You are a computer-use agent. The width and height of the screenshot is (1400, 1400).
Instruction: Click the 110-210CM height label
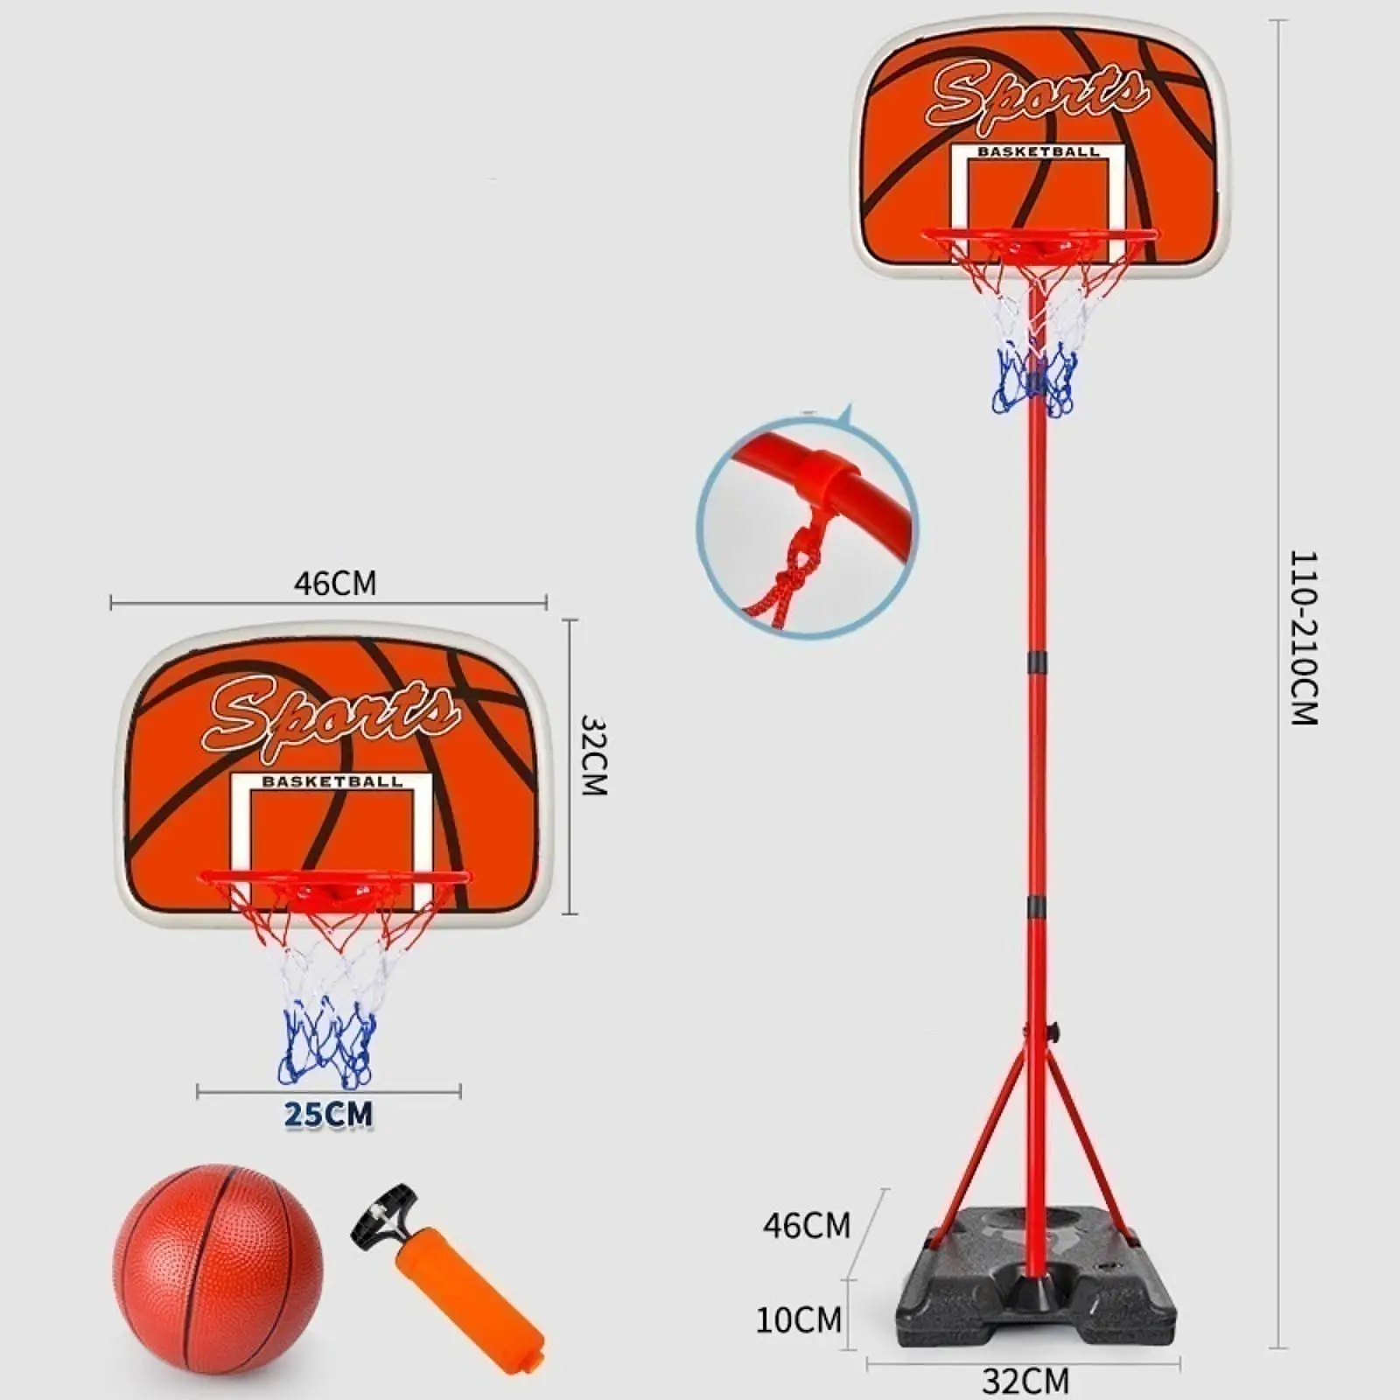1304,638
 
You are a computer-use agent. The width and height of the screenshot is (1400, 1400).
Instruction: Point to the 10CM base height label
798,1319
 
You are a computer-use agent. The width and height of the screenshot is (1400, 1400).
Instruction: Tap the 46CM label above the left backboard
335,583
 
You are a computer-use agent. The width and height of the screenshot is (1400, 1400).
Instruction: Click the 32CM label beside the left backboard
593,755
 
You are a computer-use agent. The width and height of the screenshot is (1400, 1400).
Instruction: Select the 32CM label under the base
1025,1381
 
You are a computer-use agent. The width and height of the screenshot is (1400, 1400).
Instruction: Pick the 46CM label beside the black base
806,1226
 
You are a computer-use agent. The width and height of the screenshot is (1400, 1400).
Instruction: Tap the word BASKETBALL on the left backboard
332,781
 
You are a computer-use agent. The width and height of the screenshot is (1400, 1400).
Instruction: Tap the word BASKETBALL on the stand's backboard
1038,151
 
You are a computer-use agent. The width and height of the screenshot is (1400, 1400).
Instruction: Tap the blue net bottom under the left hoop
324,1046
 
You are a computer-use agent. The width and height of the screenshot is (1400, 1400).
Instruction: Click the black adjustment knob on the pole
1054,1032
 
